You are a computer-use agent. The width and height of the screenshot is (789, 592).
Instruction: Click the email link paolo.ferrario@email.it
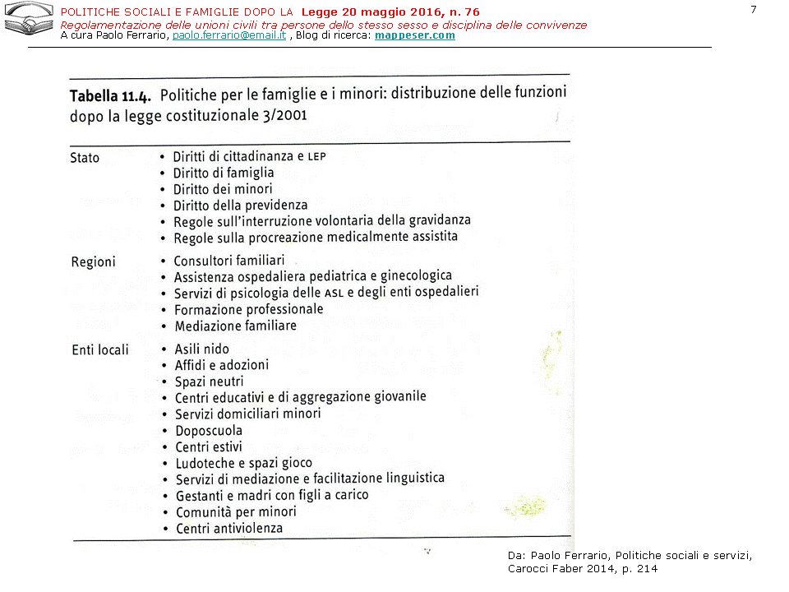(229, 36)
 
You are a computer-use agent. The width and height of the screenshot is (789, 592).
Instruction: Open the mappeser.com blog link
(414, 36)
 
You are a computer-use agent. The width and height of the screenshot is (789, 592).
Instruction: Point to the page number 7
(753, 9)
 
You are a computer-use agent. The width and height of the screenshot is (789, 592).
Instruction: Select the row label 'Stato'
(85, 158)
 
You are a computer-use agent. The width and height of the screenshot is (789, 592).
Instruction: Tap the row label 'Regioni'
(93, 262)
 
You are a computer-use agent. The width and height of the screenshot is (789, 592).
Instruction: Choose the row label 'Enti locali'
(100, 350)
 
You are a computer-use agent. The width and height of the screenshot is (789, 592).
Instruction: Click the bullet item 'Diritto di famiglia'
(224, 173)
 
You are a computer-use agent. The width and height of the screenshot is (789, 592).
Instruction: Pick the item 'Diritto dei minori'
(223, 189)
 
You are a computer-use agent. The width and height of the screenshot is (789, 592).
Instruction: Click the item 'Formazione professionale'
(248, 310)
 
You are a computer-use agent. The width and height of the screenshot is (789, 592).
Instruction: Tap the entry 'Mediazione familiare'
(235, 326)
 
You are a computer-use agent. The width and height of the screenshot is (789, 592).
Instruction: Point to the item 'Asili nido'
(202, 349)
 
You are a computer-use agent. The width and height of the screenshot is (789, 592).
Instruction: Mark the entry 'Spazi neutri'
(210, 382)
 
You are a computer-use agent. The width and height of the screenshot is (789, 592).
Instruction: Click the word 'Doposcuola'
(209, 431)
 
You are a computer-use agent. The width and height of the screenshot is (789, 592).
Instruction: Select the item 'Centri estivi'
(209, 447)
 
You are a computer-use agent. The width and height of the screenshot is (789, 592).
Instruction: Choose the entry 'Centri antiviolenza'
(229, 529)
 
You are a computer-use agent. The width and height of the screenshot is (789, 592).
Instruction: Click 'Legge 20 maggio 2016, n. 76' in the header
(390, 12)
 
